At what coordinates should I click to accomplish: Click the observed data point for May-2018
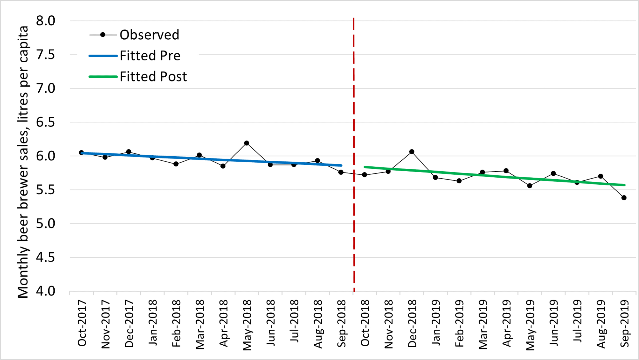click(246, 143)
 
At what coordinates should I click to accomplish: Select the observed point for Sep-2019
click(624, 198)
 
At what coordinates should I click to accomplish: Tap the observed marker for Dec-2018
click(412, 152)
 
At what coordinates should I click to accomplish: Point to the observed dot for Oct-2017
click(81, 153)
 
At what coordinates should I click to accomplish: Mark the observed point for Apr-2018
click(223, 166)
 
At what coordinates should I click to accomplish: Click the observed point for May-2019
click(530, 186)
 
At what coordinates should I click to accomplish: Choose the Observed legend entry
click(149, 35)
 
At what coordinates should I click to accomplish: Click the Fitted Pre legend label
click(150, 56)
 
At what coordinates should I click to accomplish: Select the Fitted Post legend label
click(153, 77)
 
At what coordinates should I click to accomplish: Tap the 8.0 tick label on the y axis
click(45, 21)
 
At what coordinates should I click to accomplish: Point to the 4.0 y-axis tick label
click(45, 291)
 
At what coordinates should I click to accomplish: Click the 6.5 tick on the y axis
click(45, 122)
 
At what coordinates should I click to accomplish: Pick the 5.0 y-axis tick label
click(45, 224)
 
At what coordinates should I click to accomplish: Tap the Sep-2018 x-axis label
click(341, 323)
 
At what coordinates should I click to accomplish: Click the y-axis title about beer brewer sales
click(23, 162)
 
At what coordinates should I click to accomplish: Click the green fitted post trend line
click(495, 176)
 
